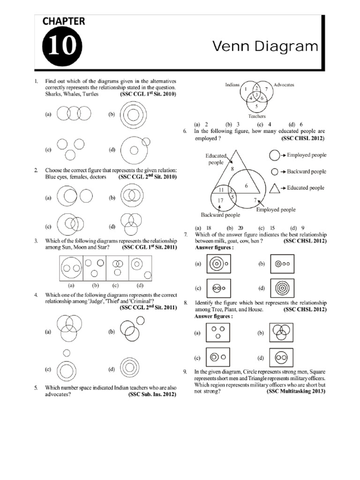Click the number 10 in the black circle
tap(62, 47)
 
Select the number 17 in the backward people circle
tap(220, 202)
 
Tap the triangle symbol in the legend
tap(275, 188)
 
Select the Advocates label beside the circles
tap(284, 85)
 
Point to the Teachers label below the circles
tap(256, 116)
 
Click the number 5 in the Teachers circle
tap(256, 106)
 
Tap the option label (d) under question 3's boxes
tap(140, 285)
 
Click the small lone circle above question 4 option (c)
tap(67, 352)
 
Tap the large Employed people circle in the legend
tap(275, 155)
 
